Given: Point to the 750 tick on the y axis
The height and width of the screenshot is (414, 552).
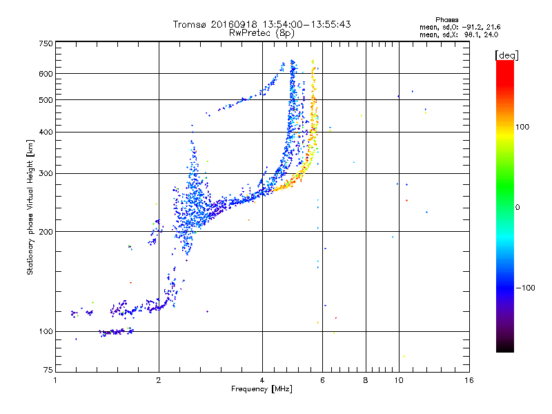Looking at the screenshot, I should point(45,43).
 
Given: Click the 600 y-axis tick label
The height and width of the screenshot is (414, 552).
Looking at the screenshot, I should point(45,74).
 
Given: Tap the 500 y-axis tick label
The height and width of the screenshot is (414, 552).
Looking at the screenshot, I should point(45,100).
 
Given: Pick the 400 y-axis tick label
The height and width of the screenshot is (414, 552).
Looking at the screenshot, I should point(45,132).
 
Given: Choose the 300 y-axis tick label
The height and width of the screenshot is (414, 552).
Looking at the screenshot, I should point(45,173).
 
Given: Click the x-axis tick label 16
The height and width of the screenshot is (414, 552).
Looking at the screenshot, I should point(469,380).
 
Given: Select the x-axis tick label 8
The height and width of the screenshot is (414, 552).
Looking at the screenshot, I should point(366,380).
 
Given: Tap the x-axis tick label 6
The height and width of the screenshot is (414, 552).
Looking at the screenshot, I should point(322,380).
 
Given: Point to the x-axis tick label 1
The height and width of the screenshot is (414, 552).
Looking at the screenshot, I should point(55,380).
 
